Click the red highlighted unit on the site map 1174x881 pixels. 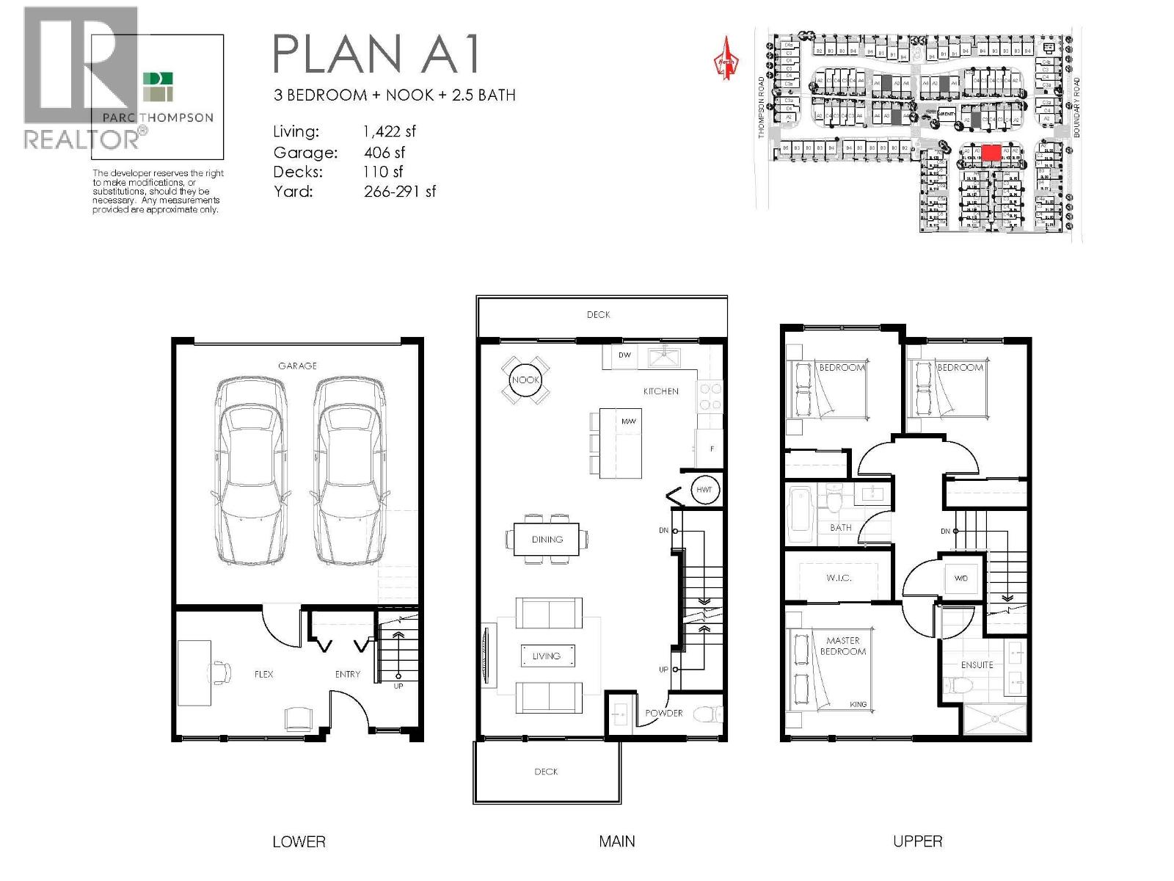click(991, 153)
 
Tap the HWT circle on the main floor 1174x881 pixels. click(704, 490)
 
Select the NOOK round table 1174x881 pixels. click(525, 380)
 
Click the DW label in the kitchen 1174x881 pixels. click(624, 355)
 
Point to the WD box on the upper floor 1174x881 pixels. click(961, 578)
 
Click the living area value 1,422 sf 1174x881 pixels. click(389, 131)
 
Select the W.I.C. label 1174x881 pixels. click(839, 578)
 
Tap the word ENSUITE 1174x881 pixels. click(977, 664)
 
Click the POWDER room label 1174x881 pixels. click(663, 713)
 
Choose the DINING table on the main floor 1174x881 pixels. click(547, 539)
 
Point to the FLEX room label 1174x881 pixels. click(264, 674)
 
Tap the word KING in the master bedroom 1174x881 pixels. click(858, 704)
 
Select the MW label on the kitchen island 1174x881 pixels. click(628, 421)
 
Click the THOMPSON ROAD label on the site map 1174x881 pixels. click(762, 108)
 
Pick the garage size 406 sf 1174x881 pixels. click(384, 153)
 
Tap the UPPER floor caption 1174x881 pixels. click(917, 841)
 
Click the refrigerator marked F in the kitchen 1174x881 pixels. click(711, 449)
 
